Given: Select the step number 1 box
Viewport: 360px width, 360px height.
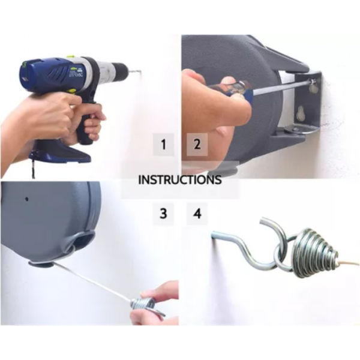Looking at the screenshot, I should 163,145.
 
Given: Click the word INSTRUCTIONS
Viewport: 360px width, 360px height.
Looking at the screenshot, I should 180,179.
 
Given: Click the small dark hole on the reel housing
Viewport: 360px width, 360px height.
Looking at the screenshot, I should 28,198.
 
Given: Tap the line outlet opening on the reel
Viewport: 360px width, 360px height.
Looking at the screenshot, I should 44,263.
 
